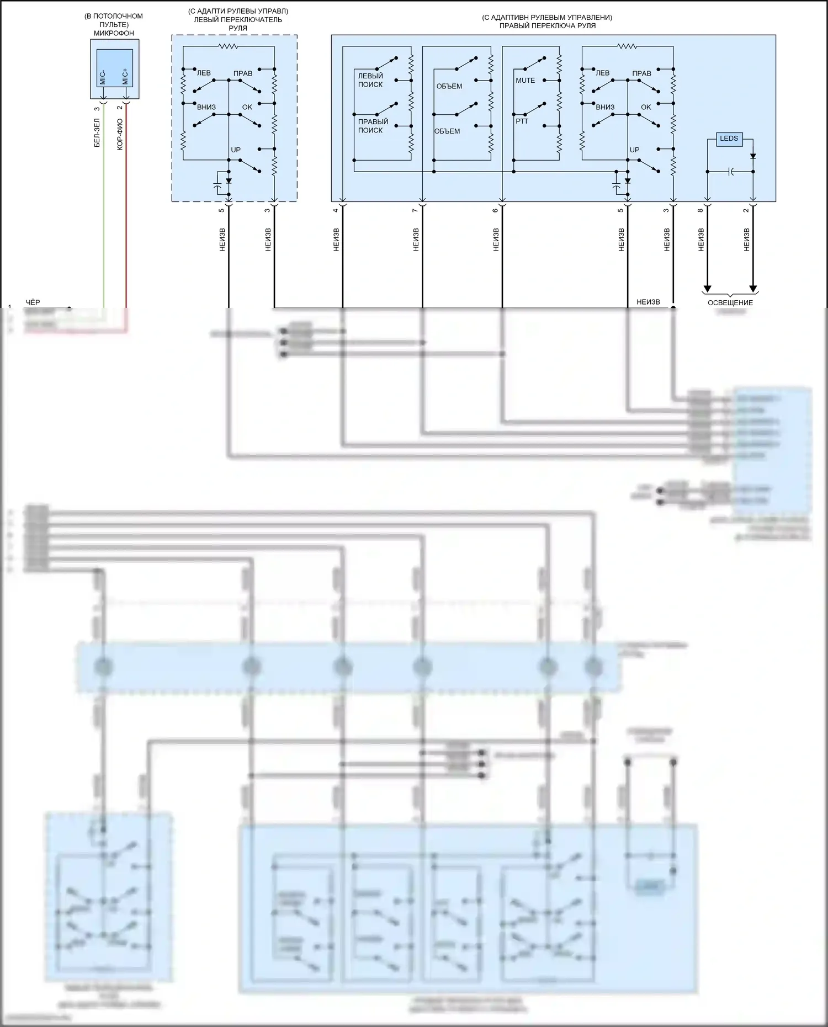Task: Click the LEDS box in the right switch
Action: pyautogui.click(x=729, y=139)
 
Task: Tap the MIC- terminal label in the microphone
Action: pyautogui.click(x=103, y=77)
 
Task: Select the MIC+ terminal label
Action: pyautogui.click(x=125, y=77)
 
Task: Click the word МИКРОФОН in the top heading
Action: pyautogui.click(x=114, y=33)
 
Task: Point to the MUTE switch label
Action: pyautogui.click(x=525, y=81)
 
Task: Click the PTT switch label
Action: pyautogui.click(x=522, y=121)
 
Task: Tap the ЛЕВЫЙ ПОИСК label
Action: pyautogui.click(x=370, y=80)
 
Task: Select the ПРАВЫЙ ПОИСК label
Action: pyautogui.click(x=373, y=126)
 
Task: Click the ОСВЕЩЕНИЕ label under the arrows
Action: pyautogui.click(x=730, y=302)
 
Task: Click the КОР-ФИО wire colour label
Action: pyautogui.click(x=120, y=135)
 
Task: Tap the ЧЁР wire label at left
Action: pyautogui.click(x=33, y=302)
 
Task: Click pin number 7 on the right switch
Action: pyautogui.click(x=415, y=210)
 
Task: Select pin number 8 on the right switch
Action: pyautogui.click(x=700, y=210)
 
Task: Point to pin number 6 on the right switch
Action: pyautogui.click(x=495, y=210)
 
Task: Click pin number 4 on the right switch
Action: pyautogui.click(x=335, y=210)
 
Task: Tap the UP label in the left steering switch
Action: pyautogui.click(x=236, y=150)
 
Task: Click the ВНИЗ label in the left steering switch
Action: pyautogui.click(x=206, y=107)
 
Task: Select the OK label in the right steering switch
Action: pyautogui.click(x=646, y=107)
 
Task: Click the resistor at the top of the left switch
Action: pyautogui.click(x=228, y=46)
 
